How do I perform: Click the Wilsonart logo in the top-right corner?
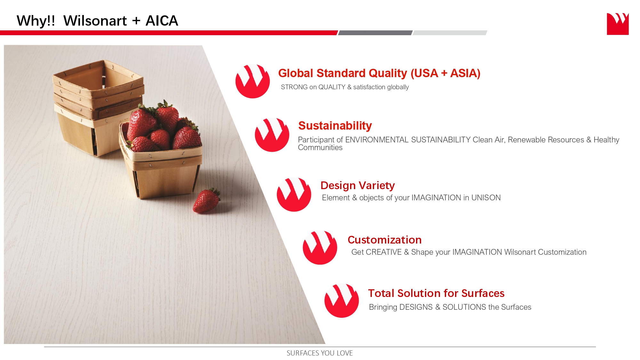pyautogui.click(x=618, y=24)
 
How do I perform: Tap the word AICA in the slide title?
pyautogui.click(x=162, y=21)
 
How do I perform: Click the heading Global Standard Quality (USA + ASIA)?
pyautogui.click(x=379, y=73)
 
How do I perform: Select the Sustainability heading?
pyautogui.click(x=335, y=126)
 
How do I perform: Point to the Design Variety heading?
pyautogui.click(x=357, y=186)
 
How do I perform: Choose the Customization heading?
pyautogui.click(x=385, y=240)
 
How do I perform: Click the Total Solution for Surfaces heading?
pyautogui.click(x=436, y=293)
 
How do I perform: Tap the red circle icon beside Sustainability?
pyautogui.click(x=272, y=135)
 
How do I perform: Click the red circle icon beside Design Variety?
pyautogui.click(x=294, y=194)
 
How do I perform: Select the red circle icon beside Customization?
pyautogui.click(x=320, y=247)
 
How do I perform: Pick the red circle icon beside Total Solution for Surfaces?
pyautogui.click(x=341, y=300)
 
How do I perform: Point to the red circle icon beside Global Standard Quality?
pyautogui.click(x=252, y=81)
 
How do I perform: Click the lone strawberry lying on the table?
pyautogui.click(x=206, y=201)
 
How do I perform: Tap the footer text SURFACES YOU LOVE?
pyautogui.click(x=320, y=353)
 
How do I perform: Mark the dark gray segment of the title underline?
pyautogui.click(x=375, y=33)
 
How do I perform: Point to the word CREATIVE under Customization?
pyautogui.click(x=384, y=252)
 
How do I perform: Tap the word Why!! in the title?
pyautogui.click(x=36, y=21)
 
